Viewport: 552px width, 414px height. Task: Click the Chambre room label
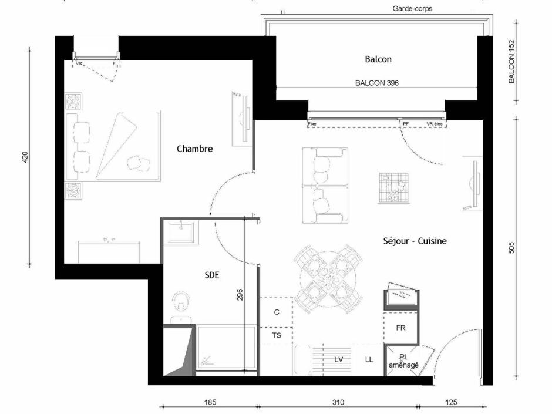(x=194, y=149)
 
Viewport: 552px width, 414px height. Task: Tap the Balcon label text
(x=378, y=59)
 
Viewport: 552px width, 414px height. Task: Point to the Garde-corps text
(x=412, y=9)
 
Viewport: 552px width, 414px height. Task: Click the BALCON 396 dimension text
(x=377, y=83)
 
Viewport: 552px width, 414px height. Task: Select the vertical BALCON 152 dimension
(x=511, y=61)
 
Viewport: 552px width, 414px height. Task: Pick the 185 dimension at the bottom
(x=210, y=403)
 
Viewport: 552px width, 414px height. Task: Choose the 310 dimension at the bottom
(x=338, y=403)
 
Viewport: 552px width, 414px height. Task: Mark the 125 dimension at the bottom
(x=450, y=403)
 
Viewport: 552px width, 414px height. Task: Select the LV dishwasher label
(x=339, y=359)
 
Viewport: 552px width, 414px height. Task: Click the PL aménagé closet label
(x=404, y=361)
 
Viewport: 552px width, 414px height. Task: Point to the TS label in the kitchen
(x=276, y=335)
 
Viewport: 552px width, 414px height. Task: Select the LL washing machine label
(x=369, y=359)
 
